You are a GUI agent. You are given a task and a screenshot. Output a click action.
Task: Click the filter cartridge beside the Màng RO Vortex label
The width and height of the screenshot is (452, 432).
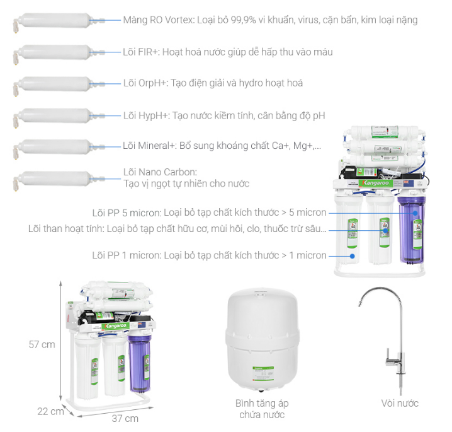point(58,21)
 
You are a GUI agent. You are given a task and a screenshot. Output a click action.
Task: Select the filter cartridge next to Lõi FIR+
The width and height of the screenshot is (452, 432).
point(58,52)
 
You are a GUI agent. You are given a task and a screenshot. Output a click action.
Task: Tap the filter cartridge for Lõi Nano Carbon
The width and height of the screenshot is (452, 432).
point(58,180)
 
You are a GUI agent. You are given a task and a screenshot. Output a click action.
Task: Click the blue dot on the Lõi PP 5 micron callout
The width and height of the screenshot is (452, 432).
point(415,213)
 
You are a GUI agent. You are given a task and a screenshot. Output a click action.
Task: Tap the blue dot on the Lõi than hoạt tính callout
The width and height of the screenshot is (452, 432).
point(385,230)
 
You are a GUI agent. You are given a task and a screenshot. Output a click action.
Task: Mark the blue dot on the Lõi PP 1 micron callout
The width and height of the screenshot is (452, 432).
point(352,256)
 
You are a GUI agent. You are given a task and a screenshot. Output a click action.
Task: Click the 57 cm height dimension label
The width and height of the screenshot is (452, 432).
point(42,344)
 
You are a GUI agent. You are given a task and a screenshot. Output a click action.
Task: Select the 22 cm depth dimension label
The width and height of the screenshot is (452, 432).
point(50,411)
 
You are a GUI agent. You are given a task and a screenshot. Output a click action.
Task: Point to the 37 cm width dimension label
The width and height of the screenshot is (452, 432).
point(125,418)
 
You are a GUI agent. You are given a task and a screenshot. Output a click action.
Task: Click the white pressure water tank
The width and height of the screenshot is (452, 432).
point(263,339)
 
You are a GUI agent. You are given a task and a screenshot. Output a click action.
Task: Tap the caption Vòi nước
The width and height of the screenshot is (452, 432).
point(400,403)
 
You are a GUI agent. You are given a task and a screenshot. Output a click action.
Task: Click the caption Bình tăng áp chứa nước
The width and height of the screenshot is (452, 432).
point(262,409)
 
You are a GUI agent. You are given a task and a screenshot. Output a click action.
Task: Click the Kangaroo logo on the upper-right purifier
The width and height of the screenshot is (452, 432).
point(376,183)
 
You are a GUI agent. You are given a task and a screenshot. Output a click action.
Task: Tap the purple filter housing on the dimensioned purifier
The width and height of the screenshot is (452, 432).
point(140,363)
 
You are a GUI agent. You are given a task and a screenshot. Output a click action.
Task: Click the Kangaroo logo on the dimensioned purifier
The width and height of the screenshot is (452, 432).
point(116,326)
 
